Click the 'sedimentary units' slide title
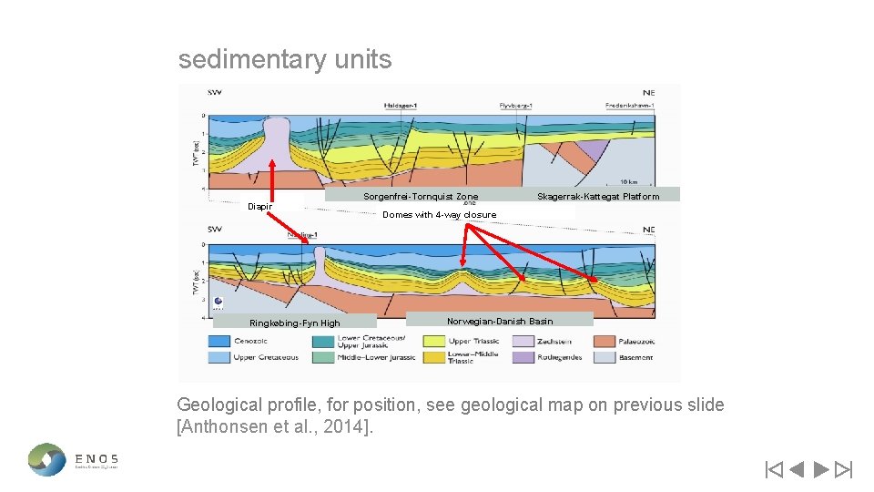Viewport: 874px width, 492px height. click(x=285, y=60)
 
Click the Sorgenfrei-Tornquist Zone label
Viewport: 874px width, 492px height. click(x=420, y=196)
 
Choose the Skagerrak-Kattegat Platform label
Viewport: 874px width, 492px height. click(x=598, y=196)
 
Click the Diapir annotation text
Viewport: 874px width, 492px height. click(x=259, y=206)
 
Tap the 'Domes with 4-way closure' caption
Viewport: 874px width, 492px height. click(x=440, y=215)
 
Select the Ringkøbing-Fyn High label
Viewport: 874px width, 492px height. click(x=294, y=323)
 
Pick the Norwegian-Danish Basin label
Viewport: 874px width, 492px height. click(x=500, y=321)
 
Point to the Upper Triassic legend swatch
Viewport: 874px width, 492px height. click(x=432, y=341)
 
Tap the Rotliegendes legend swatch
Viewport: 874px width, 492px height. click(x=523, y=357)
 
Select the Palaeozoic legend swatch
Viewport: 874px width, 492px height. click(x=605, y=341)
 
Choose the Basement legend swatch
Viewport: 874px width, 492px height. click(x=605, y=357)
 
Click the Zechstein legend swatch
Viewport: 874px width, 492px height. click(x=523, y=341)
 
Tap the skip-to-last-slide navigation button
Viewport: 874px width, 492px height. click(x=844, y=470)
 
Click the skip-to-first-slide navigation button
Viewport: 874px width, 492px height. click(x=773, y=470)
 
